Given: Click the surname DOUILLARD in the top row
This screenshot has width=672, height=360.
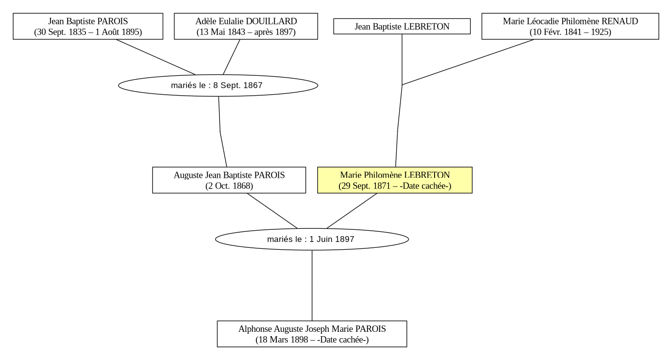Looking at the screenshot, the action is click(271, 21).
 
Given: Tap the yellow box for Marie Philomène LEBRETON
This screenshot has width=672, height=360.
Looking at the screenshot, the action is click(395, 180).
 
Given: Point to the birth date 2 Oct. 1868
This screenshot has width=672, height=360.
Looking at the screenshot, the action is click(229, 186).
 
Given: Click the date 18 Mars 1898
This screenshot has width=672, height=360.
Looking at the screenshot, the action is click(283, 340).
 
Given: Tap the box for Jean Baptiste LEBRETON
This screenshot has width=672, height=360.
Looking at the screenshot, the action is click(402, 26).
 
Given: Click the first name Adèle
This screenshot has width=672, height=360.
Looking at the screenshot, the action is click(206, 21).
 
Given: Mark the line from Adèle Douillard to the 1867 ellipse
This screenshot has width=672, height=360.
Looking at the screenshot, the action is click(232, 57).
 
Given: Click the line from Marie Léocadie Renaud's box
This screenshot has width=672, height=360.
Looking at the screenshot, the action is click(468, 62).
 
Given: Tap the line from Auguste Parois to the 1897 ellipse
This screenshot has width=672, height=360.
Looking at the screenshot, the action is click(272, 211).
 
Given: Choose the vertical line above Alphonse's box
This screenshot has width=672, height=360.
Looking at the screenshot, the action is click(312, 286).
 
